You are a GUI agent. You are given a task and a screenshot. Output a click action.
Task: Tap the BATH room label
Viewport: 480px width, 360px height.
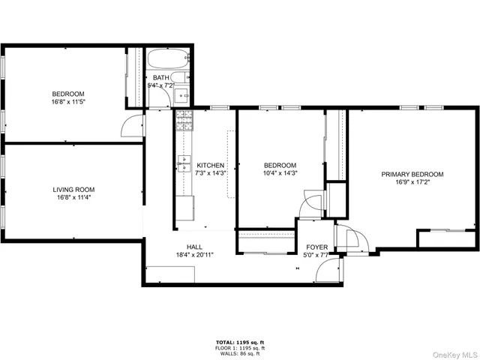pos(161,77)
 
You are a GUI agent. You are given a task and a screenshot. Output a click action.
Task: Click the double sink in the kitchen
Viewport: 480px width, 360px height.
pos(184,162)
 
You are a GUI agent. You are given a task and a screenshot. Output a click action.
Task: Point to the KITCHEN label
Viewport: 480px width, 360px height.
pos(211,165)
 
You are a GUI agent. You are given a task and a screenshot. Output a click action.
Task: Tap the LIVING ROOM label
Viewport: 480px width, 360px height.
pos(72,190)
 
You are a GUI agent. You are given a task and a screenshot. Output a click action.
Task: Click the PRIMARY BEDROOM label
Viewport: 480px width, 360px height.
pos(412,174)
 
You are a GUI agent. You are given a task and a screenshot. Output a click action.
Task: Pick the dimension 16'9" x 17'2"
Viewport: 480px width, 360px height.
pos(412,182)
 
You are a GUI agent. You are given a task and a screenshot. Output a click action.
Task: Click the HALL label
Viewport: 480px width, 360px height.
pos(195,247)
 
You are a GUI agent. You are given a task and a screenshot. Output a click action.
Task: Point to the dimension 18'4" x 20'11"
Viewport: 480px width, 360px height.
pos(195,255)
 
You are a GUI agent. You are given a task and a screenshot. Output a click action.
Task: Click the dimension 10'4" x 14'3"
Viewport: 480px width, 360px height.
pos(280,173)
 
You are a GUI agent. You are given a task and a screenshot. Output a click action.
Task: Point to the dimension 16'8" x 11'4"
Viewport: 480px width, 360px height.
pos(72,198)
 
